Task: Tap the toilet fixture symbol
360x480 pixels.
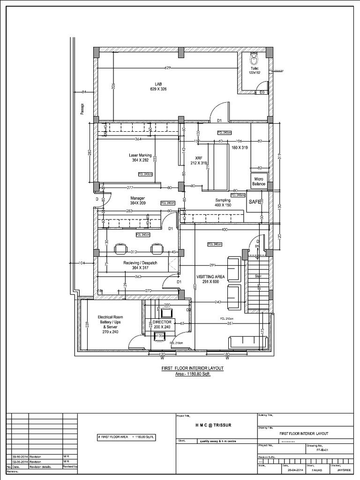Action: point(254,59)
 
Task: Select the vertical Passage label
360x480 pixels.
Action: point(82,109)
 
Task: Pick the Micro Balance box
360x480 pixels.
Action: point(260,182)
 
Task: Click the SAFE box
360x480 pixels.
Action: point(255,202)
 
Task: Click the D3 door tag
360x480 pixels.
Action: point(262,92)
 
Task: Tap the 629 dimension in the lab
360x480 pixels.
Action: point(167,68)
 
